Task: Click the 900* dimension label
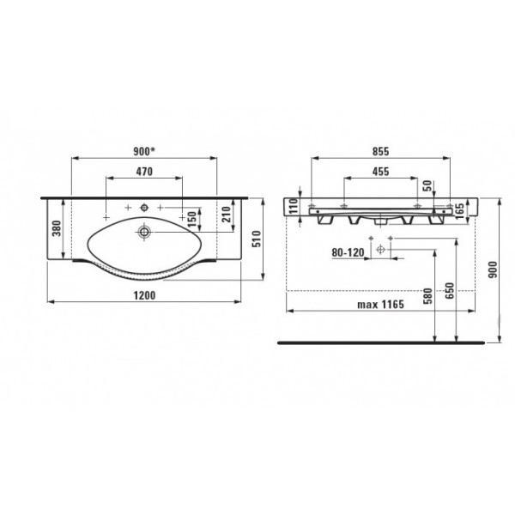(144, 151)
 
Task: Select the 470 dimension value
(144, 172)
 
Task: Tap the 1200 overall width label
(144, 295)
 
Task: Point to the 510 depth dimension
(257, 239)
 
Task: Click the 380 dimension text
(57, 228)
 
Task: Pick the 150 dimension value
(191, 219)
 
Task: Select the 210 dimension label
(227, 214)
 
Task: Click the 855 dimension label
(380, 151)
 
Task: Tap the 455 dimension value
(380, 172)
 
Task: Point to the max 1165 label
(380, 305)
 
